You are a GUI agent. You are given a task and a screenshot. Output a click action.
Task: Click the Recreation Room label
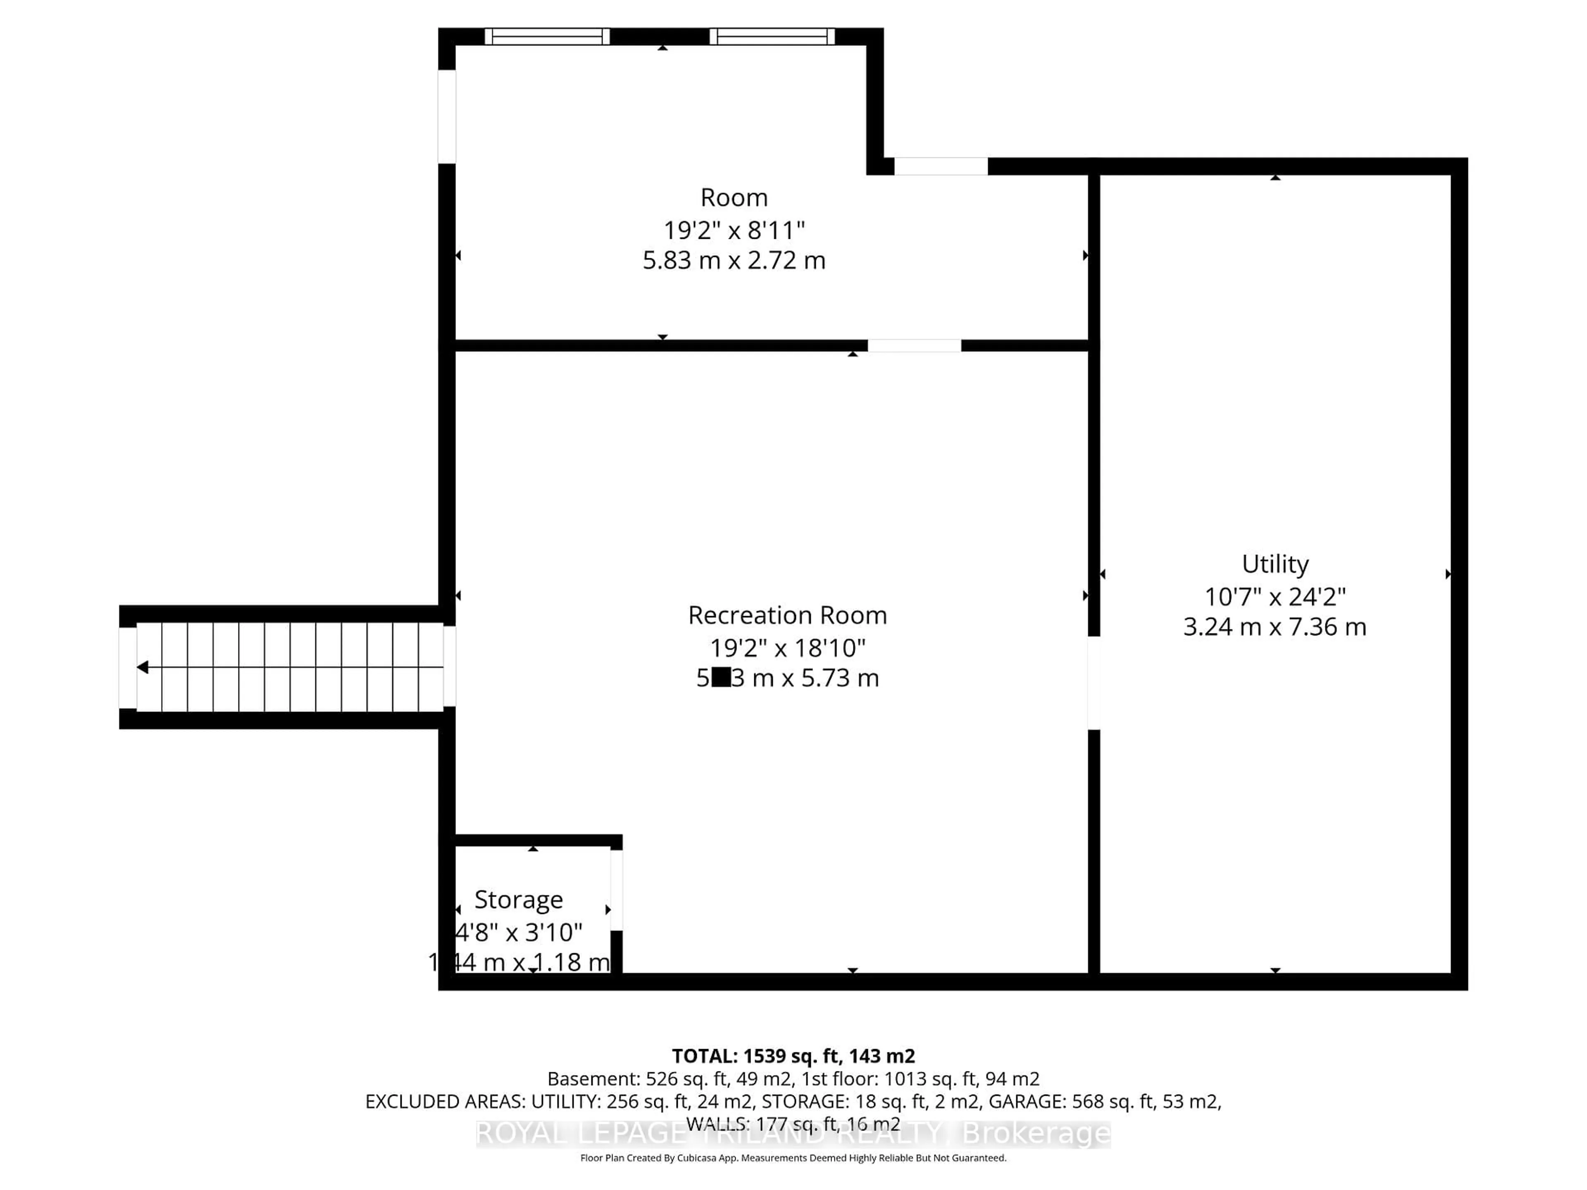point(787,615)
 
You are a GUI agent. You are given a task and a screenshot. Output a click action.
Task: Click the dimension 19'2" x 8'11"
point(733,230)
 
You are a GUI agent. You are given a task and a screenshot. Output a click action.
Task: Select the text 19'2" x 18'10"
point(787,648)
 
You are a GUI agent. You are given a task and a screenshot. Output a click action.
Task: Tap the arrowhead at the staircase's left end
point(143,667)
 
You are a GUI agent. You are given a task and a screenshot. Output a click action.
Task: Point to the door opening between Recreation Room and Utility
point(1094,683)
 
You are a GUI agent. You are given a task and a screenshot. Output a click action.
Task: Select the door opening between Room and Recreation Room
point(914,346)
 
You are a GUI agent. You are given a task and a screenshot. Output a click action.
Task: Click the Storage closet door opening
point(616,890)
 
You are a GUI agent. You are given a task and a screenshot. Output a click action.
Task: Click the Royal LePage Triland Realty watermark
point(793,1133)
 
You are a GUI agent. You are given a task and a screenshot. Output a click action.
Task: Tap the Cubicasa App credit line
point(793,1158)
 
